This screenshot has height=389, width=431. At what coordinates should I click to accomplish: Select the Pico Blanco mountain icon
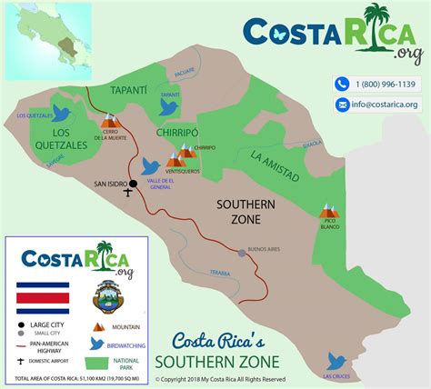(328, 210)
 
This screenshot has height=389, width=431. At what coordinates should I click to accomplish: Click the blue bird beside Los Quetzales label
(62, 113)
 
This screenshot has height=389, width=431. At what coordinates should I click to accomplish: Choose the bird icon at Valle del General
(151, 166)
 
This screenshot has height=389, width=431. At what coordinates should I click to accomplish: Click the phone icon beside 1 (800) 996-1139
(342, 84)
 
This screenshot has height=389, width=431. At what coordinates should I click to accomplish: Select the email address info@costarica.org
(386, 105)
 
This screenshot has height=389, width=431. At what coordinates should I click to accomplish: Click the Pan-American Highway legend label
(54, 346)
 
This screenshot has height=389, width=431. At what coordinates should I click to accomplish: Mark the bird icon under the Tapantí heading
(168, 105)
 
